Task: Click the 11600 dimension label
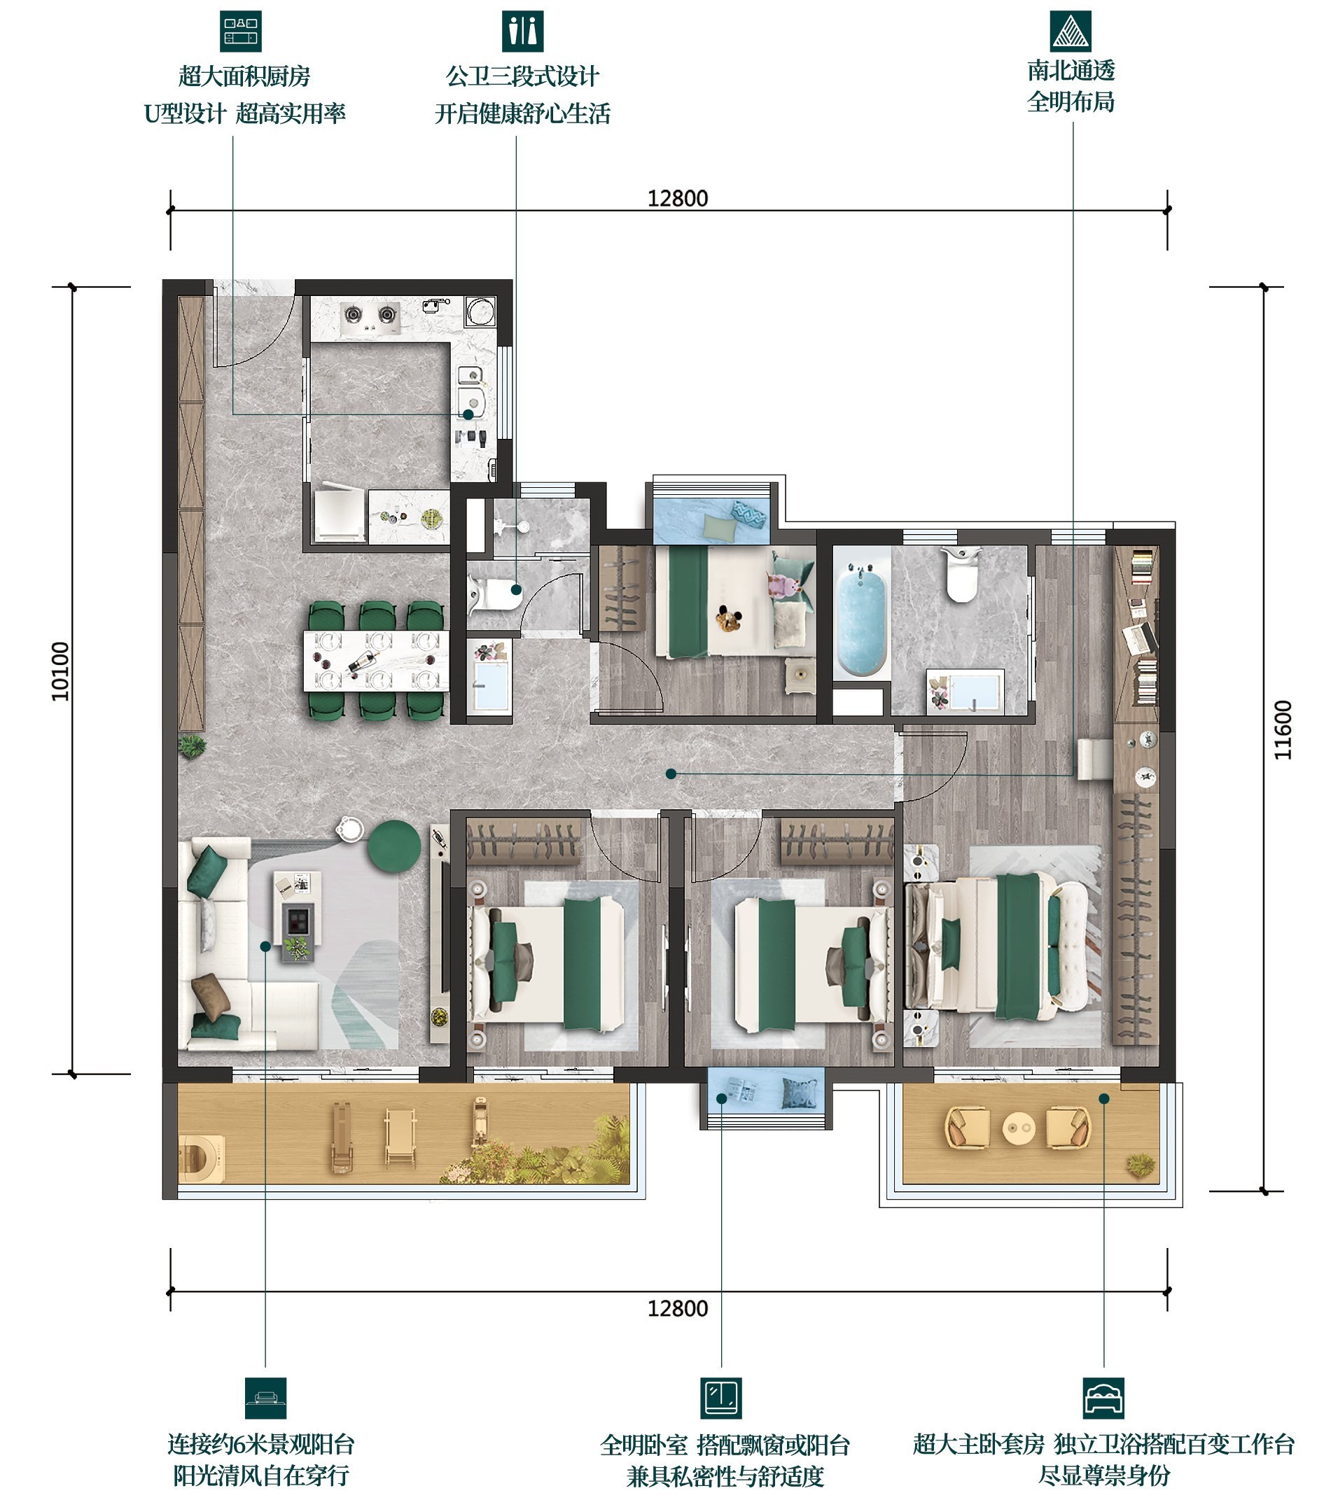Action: [1283, 730]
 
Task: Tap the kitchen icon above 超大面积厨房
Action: [241, 31]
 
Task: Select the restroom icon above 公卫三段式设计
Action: [523, 31]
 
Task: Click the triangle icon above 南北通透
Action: [1071, 31]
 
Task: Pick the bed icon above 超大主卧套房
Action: [1104, 1398]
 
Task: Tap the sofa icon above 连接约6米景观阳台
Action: [265, 1398]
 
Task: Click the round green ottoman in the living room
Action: [393, 846]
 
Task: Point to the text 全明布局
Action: [1071, 102]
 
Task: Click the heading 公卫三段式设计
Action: [523, 76]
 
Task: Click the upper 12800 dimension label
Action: [678, 198]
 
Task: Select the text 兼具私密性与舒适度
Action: [725, 1476]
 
